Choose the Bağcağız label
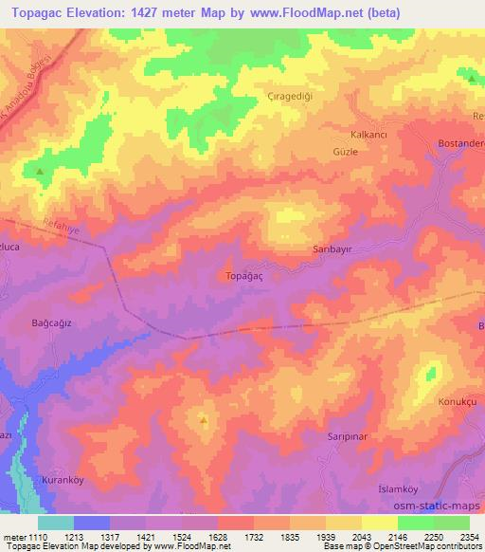click(52, 322)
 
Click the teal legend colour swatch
click(55, 523)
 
